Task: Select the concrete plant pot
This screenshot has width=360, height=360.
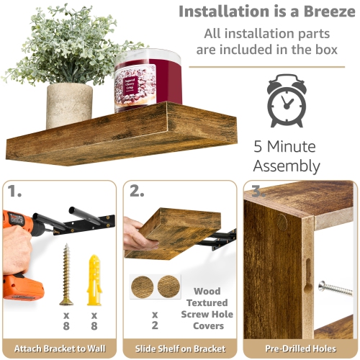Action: [x=69, y=105]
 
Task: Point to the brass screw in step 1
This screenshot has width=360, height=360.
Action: [x=67, y=274]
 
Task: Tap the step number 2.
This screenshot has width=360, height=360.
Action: [x=138, y=192]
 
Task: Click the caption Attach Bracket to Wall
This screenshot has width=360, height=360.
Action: [x=59, y=348]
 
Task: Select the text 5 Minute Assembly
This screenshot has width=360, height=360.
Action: [x=286, y=156]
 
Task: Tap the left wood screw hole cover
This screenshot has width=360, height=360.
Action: [x=144, y=287]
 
